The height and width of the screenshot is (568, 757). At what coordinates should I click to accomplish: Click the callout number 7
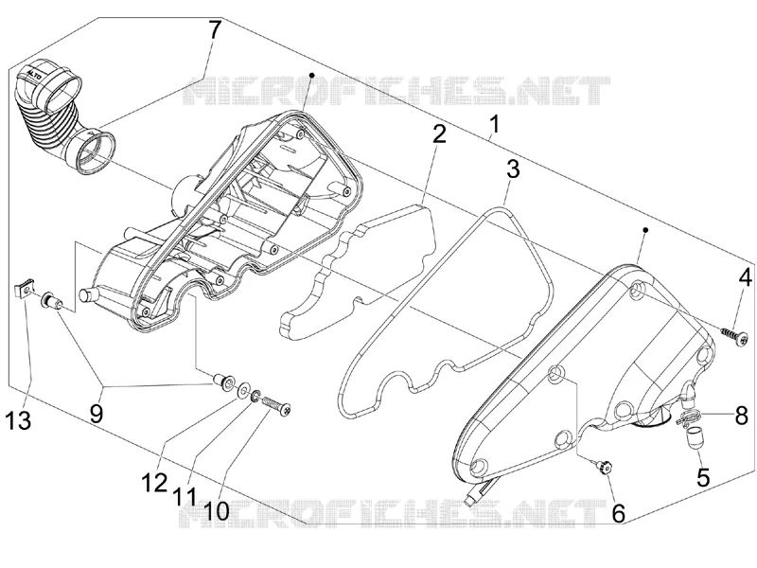pos(214,31)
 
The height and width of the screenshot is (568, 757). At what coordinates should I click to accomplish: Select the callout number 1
pos(494,124)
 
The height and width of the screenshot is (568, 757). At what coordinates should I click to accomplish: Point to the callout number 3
pos(513,169)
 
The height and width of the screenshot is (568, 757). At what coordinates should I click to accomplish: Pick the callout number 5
pos(703,477)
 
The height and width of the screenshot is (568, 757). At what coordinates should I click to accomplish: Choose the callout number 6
pos(619,512)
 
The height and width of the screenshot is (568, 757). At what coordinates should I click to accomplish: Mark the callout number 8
pos(741,416)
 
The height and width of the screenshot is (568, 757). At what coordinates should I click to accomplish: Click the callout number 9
pos(97,414)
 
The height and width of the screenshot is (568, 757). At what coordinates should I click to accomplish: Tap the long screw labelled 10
pos(275,405)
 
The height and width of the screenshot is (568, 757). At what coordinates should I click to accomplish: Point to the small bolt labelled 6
pos(604,467)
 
